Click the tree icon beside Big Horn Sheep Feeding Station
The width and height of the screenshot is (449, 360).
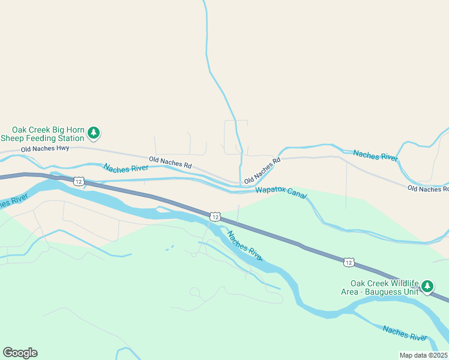point(93,132)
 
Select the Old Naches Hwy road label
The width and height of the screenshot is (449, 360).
point(45,148)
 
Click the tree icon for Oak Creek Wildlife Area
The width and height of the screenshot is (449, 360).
point(427,286)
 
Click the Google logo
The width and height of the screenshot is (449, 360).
point(20,353)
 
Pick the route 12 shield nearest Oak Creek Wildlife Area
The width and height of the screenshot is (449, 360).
point(349,262)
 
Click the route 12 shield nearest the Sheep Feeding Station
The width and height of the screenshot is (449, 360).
point(78,181)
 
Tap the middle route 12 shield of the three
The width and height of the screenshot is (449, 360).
point(215,216)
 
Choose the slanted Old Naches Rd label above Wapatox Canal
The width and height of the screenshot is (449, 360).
point(262,170)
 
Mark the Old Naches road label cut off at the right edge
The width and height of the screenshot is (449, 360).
point(427,188)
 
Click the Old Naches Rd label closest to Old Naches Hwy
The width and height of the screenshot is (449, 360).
point(170,162)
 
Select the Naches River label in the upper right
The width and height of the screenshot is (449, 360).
point(375,155)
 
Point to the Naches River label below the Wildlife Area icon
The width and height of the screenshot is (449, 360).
point(405,332)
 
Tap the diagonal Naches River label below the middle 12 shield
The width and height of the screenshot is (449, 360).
point(244,246)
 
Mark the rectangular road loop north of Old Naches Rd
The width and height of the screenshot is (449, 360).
point(236,137)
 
